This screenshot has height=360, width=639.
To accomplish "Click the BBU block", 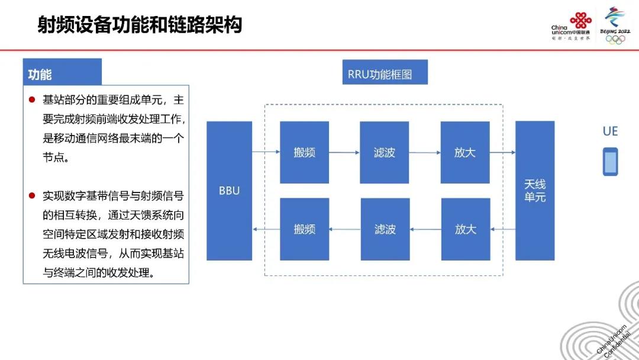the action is [229, 191].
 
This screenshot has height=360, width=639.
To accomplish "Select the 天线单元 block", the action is [535, 191].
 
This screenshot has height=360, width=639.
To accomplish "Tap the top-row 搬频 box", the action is [305, 152].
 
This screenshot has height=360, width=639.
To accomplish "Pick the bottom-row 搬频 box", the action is [305, 229].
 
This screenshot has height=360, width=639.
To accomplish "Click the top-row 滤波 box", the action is [385, 152].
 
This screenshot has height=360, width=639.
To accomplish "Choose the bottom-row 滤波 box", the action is [385, 229].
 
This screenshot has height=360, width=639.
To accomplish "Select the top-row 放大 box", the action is [465, 152].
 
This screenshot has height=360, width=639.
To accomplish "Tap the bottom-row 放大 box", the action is [466, 229].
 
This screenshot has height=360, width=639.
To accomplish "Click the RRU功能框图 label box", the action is [385, 72].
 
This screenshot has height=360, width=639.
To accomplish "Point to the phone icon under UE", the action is [610, 162].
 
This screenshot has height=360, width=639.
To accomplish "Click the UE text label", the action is [610, 131].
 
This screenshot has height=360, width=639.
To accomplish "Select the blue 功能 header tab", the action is [62, 72].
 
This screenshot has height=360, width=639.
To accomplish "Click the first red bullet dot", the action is [32, 99].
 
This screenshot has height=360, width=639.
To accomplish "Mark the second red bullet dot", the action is [32, 196].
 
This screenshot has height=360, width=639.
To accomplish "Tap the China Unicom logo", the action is [571, 26].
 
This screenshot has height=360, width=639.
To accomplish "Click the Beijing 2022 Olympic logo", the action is [615, 25].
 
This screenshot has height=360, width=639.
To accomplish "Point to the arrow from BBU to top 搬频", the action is [266, 152].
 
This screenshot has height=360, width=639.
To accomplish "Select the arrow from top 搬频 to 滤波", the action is [344, 153].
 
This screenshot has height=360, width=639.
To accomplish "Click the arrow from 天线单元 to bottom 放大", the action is [503, 229].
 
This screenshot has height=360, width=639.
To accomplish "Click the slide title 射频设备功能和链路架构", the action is [140, 25].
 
